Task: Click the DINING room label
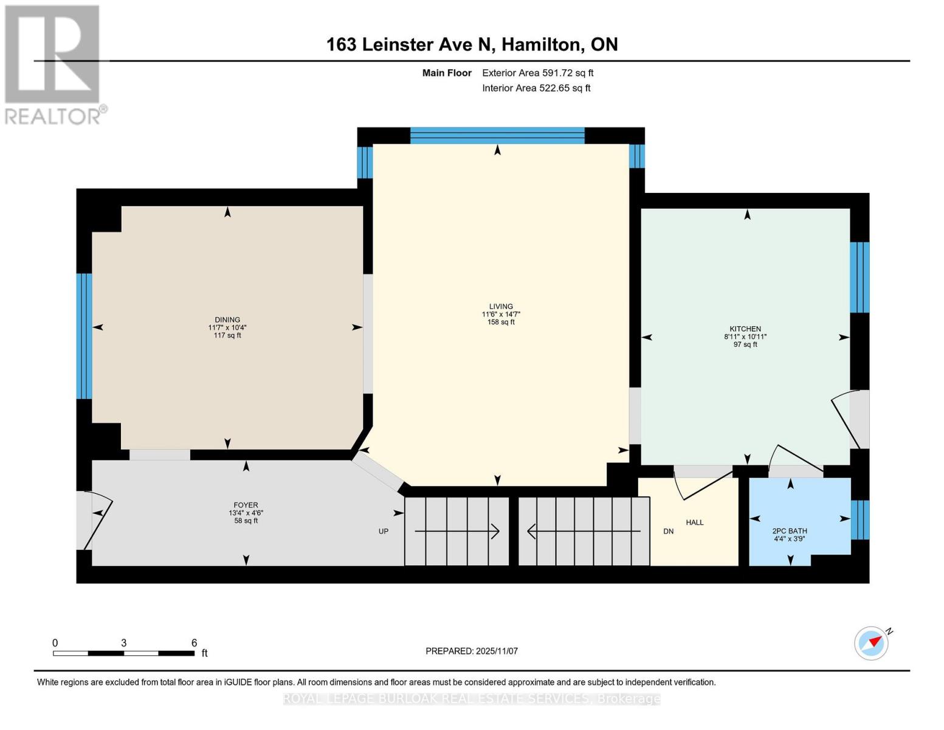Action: point(227,320)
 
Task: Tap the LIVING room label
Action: point(501,307)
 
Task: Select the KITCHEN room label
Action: point(745,329)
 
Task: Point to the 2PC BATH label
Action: point(790,531)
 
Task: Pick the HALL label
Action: point(695,523)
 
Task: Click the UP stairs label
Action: point(384,531)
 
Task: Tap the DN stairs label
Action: point(669,531)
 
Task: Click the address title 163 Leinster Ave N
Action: point(472,44)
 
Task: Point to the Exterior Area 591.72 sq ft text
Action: point(537,73)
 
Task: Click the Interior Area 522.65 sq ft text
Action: point(536,88)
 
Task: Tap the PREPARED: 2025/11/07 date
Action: point(472,651)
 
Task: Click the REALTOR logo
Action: point(53,64)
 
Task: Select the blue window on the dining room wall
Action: point(84,336)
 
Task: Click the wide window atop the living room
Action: point(497,135)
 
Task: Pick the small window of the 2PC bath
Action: point(860,520)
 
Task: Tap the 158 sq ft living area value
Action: point(501,322)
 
